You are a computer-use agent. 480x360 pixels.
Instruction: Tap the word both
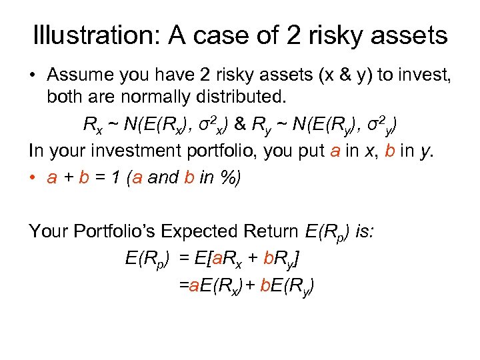coord(66,98)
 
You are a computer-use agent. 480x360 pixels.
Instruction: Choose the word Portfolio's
coord(119,231)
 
